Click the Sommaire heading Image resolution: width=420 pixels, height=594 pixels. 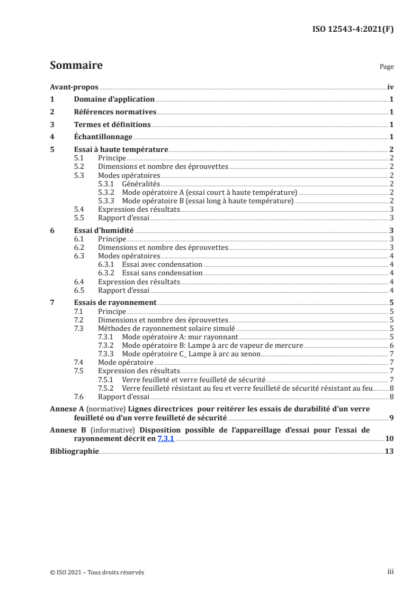(76, 66)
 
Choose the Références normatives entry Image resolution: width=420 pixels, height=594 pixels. (114, 112)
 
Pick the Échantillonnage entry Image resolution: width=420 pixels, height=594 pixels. (102, 137)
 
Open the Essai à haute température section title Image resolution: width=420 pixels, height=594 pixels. (120, 150)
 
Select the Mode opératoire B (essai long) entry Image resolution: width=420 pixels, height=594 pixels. (207, 201)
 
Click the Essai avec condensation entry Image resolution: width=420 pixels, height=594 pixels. (162, 264)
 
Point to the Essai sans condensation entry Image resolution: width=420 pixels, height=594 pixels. (162, 273)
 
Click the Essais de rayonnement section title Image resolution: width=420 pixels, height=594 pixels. (114, 302)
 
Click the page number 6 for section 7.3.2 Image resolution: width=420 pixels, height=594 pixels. (391, 345)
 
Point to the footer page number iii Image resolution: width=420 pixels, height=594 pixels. (390, 572)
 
